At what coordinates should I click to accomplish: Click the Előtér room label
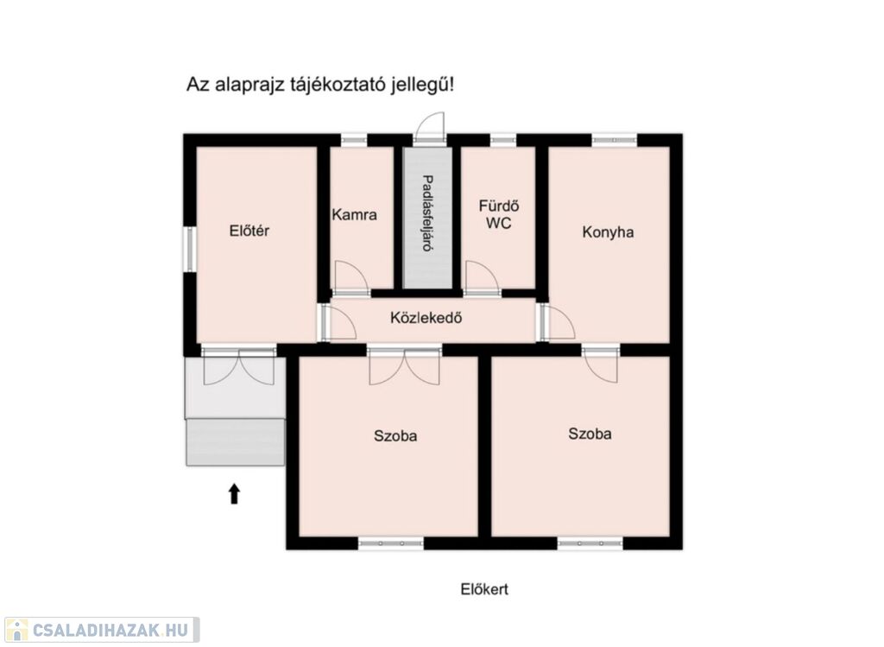[x=249, y=231]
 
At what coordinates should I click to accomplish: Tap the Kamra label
[x=354, y=215]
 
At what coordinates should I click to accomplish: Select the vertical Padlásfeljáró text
[x=428, y=213]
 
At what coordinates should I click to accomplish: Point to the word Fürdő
[x=499, y=206]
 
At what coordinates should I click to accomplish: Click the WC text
[x=499, y=224]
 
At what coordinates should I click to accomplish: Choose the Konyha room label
[x=608, y=232]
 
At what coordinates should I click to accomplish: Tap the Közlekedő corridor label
[x=426, y=318]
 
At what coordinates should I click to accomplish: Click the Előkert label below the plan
[x=484, y=589]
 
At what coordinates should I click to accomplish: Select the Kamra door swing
[x=350, y=276]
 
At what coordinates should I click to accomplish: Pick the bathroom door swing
[x=482, y=277]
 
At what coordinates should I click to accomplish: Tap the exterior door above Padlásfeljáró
[x=430, y=126]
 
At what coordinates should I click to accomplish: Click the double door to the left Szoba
[x=404, y=366]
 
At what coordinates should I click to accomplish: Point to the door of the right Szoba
[x=601, y=365]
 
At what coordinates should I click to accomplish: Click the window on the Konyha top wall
[x=614, y=139]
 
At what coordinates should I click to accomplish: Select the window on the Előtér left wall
[x=191, y=250]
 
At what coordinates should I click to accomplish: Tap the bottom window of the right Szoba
[x=590, y=543]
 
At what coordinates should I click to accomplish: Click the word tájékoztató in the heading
[x=338, y=86]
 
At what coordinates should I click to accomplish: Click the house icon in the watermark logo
[x=17, y=630]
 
